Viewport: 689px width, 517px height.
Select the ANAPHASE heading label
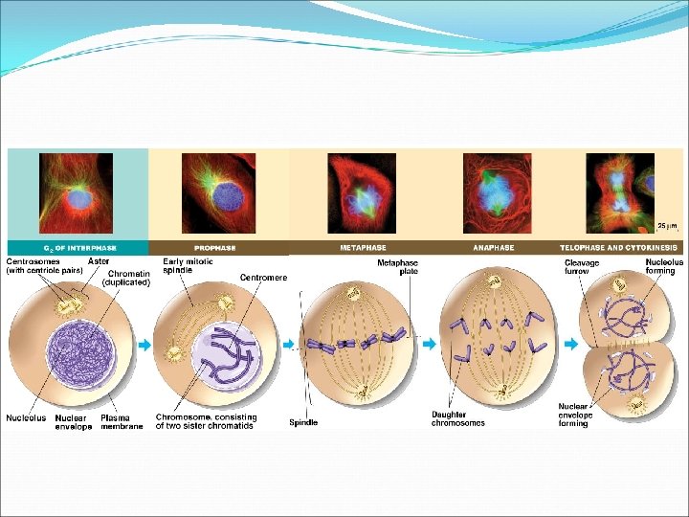pyautogui.click(x=493, y=247)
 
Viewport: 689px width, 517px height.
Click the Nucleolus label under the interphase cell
pyautogui.click(x=26, y=417)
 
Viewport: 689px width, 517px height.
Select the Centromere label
pyautogui.click(x=263, y=278)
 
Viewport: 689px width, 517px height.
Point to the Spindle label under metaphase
pyautogui.click(x=303, y=421)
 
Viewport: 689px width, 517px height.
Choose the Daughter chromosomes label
pyautogui.click(x=457, y=418)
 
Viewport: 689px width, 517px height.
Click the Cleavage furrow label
pyautogui.click(x=582, y=267)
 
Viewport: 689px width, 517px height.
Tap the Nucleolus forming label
pyautogui.click(x=664, y=265)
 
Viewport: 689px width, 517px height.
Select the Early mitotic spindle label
pyautogui.click(x=189, y=265)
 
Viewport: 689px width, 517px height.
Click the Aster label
pyautogui.click(x=98, y=260)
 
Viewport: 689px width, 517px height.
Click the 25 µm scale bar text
pyautogui.click(x=667, y=226)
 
